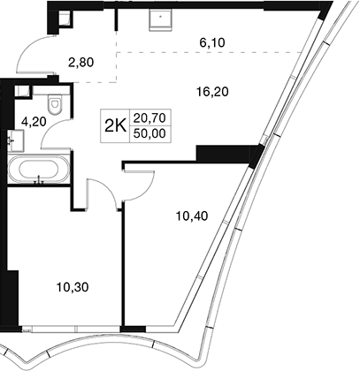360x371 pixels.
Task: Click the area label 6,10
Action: click(212, 43)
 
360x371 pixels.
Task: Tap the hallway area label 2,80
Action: click(80, 63)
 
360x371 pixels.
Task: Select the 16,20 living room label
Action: click(212, 92)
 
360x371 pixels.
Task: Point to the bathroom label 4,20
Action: click(34, 121)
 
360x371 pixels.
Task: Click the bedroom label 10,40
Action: click(192, 216)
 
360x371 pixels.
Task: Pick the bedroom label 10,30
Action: click(73, 287)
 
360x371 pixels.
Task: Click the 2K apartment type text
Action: click(115, 126)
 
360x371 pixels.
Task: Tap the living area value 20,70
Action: click(149, 118)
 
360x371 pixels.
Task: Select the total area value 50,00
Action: click(149, 134)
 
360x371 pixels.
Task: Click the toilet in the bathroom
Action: click(55, 104)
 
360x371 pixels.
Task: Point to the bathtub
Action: click(39, 170)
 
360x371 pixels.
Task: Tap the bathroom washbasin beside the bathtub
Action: click(15, 140)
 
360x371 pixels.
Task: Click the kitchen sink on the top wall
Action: click(160, 19)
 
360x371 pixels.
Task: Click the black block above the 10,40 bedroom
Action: click(227, 153)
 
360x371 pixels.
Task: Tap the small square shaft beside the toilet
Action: click(22, 91)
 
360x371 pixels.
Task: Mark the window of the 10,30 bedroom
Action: click(72, 329)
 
